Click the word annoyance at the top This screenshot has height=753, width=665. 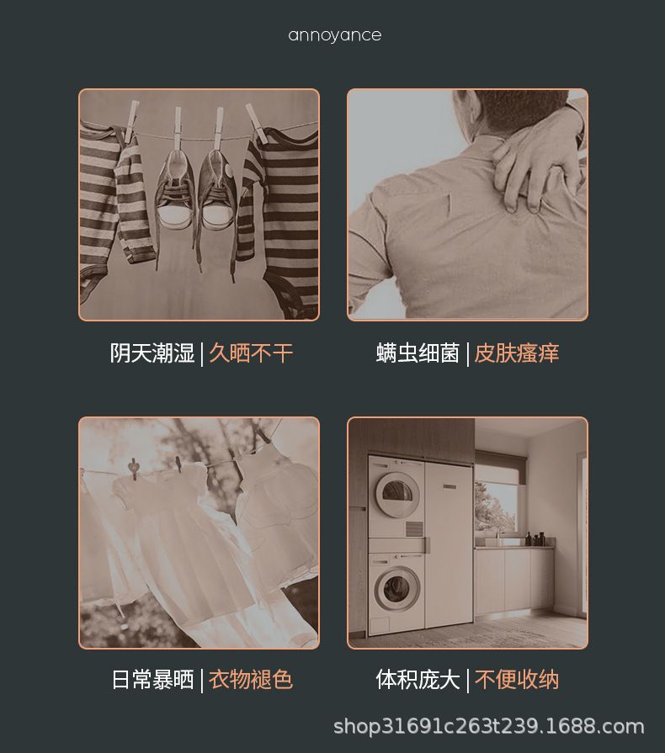335,35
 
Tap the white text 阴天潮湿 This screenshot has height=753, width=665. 152,353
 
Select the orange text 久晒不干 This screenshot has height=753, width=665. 251,353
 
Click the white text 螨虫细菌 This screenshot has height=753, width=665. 418,353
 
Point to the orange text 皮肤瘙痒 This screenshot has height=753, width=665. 517,353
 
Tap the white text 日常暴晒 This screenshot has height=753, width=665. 152,680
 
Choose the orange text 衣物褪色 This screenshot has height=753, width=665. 251,680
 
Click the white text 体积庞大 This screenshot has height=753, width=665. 418,680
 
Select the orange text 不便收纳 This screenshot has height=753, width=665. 517,680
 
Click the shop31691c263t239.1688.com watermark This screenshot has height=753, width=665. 489,727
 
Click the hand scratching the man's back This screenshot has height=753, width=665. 535,163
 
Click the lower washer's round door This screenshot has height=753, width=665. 396,588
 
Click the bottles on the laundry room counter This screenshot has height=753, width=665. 535,538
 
